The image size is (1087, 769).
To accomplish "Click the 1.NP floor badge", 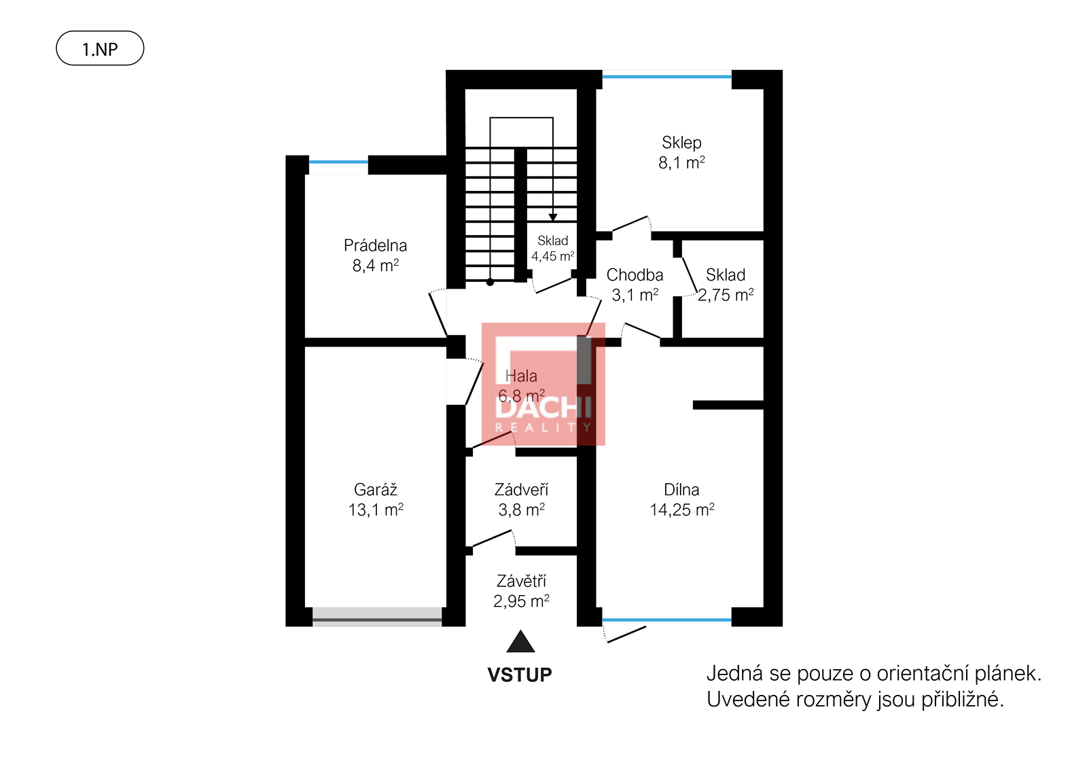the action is tap(100, 48).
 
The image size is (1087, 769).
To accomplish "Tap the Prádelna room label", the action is tap(375, 245).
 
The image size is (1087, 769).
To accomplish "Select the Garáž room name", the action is tap(376, 490).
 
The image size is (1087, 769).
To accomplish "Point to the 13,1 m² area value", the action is tap(376, 510).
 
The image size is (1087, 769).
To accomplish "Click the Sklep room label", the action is tap(681, 143).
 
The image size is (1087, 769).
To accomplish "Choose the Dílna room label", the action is tap(681, 490).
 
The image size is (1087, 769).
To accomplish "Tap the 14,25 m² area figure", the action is tap(682, 510).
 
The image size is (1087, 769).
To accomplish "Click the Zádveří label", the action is tap(521, 490).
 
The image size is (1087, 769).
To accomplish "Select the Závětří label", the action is tap(521, 581).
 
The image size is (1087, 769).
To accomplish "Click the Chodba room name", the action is tap(635, 275).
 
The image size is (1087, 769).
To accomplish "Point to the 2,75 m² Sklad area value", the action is tap(726, 295).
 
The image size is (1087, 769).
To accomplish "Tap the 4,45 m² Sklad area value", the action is tap(553, 256).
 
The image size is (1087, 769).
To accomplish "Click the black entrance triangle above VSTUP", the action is tap(520, 641).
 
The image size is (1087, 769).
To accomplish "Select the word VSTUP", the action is tap(520, 675).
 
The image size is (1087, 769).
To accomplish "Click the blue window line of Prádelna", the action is tap(338, 162).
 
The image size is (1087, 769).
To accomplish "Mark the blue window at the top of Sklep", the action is tap(666, 77).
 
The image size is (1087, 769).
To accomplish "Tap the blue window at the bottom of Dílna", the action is tap(666, 620).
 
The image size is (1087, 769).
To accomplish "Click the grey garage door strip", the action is tap(377, 617).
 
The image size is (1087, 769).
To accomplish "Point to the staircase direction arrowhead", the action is tap(553, 217).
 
